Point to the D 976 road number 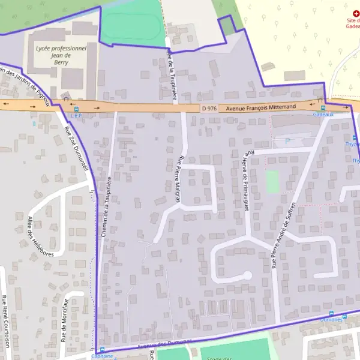coord(208,107)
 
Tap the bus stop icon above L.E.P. coord(76,109)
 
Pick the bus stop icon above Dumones coord(332,313)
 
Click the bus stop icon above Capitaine coord(101,350)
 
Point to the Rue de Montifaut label coord(62,320)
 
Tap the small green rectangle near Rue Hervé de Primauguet coord(273,181)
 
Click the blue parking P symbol coord(287,141)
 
